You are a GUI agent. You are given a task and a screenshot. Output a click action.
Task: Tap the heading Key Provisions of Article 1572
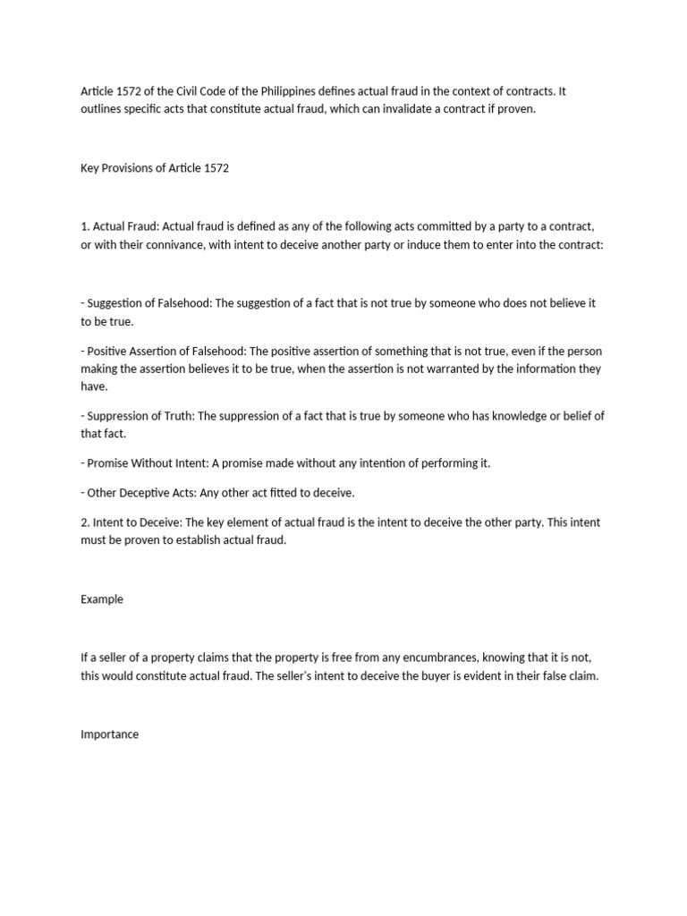click(x=155, y=168)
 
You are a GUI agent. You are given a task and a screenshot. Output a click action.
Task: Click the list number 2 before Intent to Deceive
click(x=84, y=522)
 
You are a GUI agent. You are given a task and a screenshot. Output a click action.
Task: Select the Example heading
click(x=102, y=599)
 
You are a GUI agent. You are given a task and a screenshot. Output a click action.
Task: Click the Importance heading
click(x=110, y=734)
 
